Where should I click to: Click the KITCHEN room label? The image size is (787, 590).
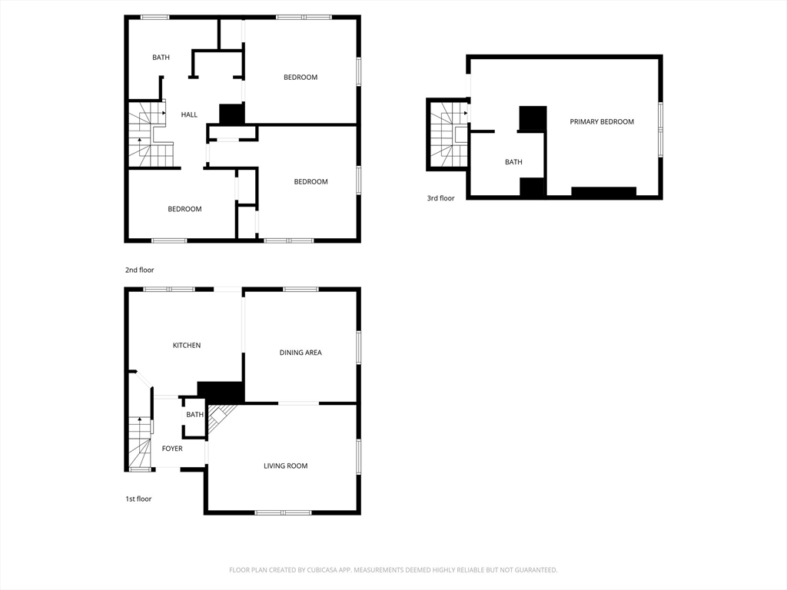187,345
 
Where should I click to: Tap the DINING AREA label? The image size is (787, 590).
301,353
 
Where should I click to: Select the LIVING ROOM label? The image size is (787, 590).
286,466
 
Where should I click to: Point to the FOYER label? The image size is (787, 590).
172,449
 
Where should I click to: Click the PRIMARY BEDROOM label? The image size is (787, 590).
602,121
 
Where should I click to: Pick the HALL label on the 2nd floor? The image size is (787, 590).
189,115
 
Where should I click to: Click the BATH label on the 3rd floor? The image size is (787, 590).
513,162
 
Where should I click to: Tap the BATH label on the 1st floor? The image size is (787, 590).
194,414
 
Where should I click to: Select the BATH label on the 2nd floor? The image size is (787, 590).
161,57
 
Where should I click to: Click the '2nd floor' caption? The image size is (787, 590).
140,270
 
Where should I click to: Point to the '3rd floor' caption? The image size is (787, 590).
440,198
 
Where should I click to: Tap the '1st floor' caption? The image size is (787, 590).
138,499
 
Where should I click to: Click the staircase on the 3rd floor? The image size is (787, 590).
449,135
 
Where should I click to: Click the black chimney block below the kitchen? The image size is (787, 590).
221,392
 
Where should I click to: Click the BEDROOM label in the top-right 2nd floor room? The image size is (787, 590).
301,78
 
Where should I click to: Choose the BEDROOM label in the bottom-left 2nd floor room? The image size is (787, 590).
184,209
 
